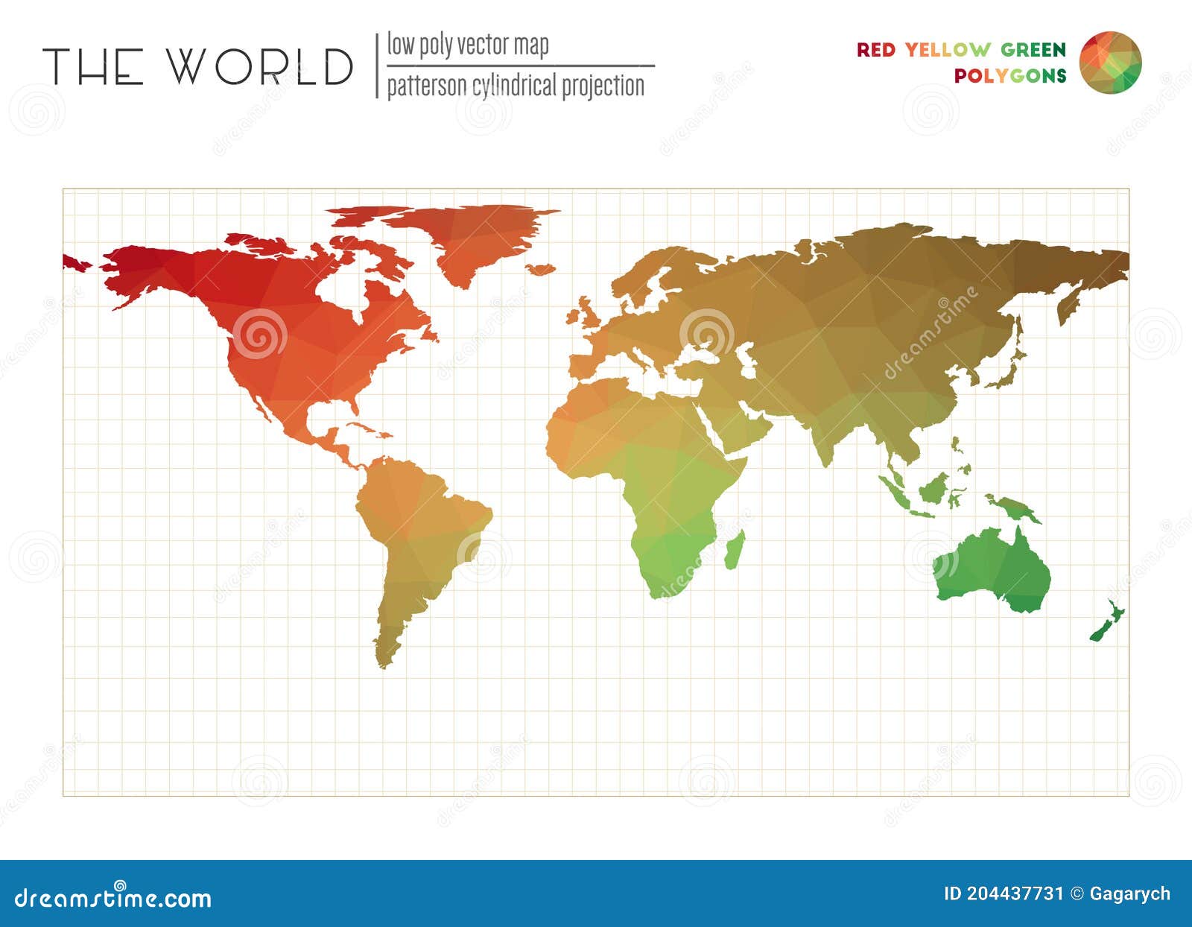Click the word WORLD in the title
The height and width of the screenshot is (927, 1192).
point(259,66)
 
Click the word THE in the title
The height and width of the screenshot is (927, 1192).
point(92,66)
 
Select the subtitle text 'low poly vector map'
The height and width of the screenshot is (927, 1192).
point(467,45)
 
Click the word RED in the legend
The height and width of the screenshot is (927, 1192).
point(875,50)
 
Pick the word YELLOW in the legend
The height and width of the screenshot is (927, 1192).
point(948,50)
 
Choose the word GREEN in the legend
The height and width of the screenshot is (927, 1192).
point(1033,50)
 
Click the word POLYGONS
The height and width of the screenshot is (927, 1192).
point(1010,76)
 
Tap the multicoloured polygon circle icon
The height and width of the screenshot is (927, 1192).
point(1110,63)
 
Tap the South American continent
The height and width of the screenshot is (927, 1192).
point(417,537)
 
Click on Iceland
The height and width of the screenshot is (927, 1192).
point(542,268)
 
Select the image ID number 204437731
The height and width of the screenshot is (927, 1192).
point(1014,893)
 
